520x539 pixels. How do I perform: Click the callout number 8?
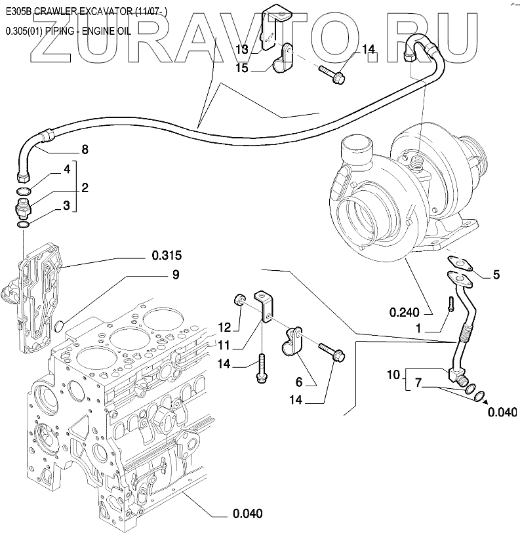(x=84, y=150)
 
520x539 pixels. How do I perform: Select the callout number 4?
(x=67, y=169)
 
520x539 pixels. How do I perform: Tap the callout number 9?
(x=175, y=276)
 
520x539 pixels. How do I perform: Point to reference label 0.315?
(x=167, y=254)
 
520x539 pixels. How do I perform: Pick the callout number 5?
(x=496, y=275)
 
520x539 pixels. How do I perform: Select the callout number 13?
(x=242, y=50)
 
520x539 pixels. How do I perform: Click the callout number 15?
(x=242, y=68)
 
